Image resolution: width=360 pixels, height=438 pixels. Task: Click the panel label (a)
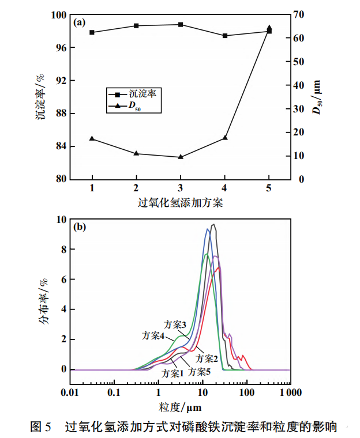click(x=80, y=23)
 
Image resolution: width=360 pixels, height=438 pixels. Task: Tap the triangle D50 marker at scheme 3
click(x=181, y=157)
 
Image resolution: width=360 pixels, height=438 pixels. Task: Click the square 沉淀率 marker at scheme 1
click(x=92, y=32)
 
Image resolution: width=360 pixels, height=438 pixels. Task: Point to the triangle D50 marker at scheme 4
click(x=225, y=138)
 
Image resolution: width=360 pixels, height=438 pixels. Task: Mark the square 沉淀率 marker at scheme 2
click(x=136, y=26)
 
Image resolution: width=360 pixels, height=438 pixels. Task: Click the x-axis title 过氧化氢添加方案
click(x=181, y=202)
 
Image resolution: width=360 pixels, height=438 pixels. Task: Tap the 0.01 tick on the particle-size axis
click(x=70, y=392)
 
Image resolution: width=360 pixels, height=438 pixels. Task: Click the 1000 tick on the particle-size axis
click(x=288, y=392)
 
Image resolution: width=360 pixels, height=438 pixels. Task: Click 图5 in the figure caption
click(x=41, y=427)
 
